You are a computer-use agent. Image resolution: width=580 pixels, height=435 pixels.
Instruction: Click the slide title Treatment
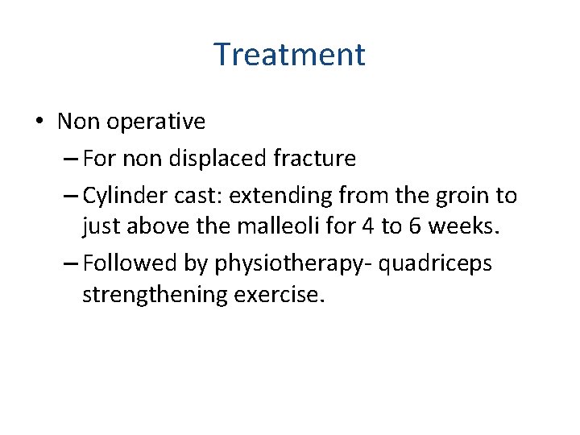pos(289,55)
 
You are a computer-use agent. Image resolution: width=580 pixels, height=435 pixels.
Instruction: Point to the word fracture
pos(315,159)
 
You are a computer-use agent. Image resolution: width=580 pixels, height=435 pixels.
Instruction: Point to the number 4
pos(367,227)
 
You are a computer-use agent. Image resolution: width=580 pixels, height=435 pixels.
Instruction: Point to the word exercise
pos(279,295)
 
